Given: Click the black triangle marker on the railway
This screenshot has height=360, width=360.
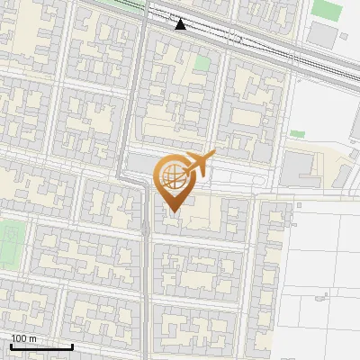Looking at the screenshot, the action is click(181, 24).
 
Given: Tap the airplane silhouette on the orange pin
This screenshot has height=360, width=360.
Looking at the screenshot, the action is click(197, 164).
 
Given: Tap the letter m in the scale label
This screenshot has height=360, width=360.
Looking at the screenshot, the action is click(33, 338).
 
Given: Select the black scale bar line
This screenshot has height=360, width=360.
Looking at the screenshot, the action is click(41, 346).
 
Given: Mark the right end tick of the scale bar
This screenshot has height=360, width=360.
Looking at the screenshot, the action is click(72, 345).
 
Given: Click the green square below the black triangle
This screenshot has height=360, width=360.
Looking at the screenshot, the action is click(202, 64).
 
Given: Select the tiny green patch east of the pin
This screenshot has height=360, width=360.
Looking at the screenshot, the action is click(297, 134).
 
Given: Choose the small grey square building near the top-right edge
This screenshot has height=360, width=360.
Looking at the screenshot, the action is click(344, 37).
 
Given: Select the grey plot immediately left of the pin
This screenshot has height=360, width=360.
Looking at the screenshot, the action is click(139, 164).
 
